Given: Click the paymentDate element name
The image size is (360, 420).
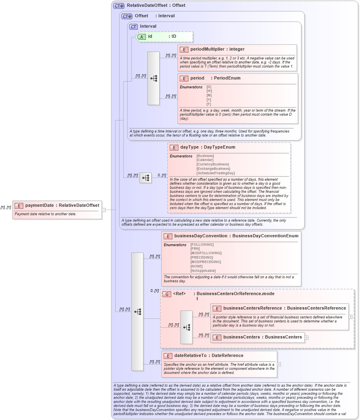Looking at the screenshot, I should [39, 206].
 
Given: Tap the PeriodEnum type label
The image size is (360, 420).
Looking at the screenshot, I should [227, 78].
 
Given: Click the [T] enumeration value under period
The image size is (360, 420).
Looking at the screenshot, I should [209, 104].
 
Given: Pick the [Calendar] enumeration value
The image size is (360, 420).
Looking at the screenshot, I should [205, 160].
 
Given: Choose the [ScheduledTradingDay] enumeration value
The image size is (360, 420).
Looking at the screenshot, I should [215, 173].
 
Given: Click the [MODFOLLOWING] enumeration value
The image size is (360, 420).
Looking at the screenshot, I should [206, 253].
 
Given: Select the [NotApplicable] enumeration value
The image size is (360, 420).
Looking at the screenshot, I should [203, 271].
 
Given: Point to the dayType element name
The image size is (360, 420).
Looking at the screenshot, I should [189, 147].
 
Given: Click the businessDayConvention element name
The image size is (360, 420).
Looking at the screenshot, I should [200, 236].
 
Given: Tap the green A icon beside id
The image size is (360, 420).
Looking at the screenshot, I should [142, 37].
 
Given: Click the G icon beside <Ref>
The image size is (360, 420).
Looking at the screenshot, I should [167, 294].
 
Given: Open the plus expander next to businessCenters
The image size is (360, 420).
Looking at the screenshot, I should [307, 337].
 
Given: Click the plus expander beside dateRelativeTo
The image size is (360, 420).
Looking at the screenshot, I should [279, 364].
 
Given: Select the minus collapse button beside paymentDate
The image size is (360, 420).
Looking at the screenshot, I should [104, 209].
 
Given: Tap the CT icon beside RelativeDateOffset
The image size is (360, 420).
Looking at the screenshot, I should [119, 6].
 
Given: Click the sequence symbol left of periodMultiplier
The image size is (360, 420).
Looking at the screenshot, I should [153, 78].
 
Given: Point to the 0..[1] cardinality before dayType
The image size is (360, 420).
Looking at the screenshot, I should [162, 175].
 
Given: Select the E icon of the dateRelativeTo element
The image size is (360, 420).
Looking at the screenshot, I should [168, 356].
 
